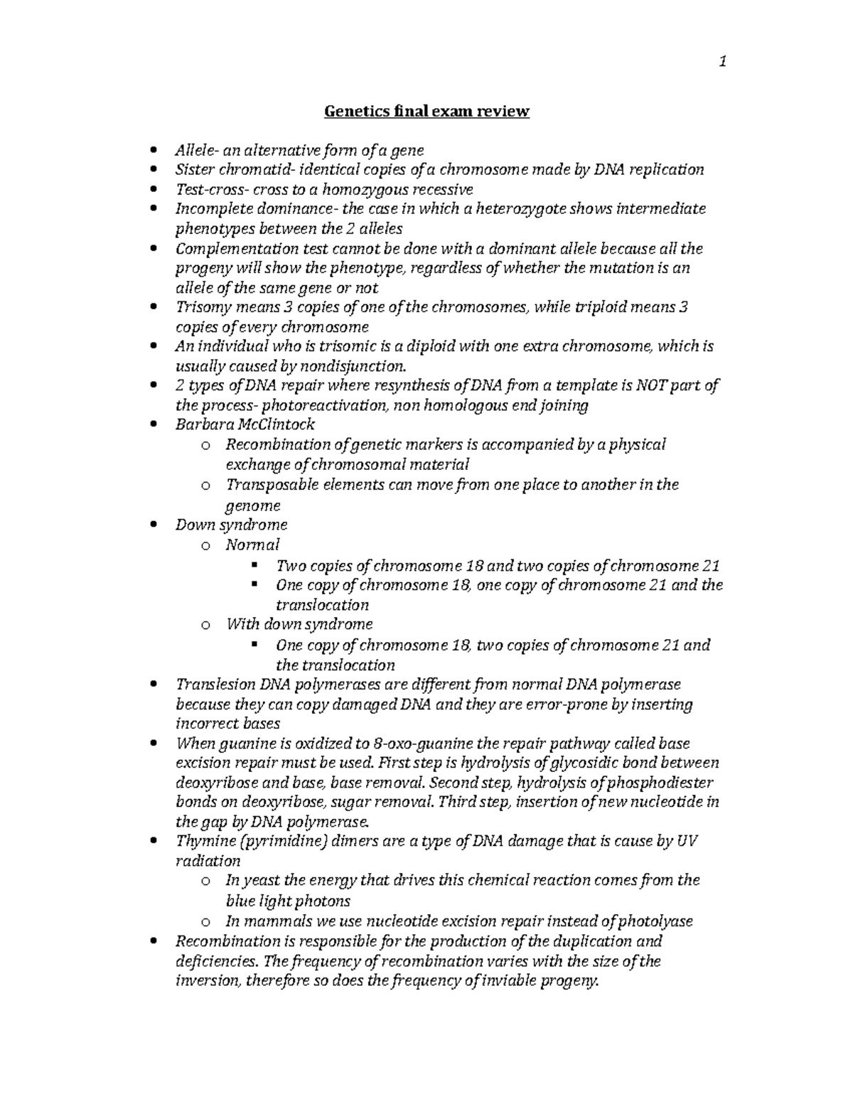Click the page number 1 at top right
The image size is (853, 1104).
pos(722,63)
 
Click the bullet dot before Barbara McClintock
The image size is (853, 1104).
pos(154,425)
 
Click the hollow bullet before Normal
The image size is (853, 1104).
pos(205,546)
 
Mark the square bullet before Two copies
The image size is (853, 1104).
pos(254,566)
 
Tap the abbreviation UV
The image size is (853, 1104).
pos(687,842)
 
